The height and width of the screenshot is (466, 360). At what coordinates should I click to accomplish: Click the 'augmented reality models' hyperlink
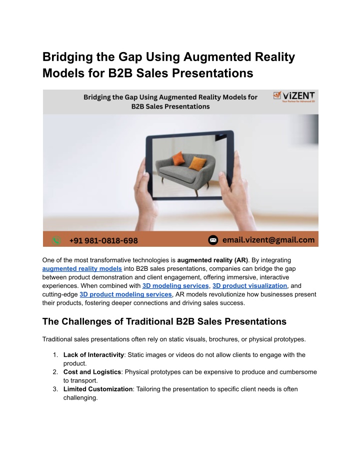pos(82,269)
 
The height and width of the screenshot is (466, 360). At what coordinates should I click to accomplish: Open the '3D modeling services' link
pos(175,286)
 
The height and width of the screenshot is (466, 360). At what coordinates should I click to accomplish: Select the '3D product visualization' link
pos(249,286)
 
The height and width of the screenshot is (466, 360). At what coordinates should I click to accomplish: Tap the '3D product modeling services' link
pos(125,294)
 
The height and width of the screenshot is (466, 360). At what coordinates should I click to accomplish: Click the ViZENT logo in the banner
pos(294,97)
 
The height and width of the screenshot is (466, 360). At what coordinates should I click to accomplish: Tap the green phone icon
pos(56,240)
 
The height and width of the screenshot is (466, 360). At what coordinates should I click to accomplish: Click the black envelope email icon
pos(213,240)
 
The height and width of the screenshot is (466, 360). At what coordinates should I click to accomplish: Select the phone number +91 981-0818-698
pos(103,240)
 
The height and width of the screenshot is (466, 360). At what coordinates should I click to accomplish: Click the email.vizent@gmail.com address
pos(268,240)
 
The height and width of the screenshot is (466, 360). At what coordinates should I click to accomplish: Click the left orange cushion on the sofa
pos(178,158)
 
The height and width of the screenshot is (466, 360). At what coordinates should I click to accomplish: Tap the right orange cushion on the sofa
pos(197,163)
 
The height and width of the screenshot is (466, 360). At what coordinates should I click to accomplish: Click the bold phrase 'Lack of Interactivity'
pos(93,355)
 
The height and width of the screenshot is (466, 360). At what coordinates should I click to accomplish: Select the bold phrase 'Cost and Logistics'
pos(92,372)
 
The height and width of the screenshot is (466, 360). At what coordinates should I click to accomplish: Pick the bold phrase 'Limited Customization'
pos(98,389)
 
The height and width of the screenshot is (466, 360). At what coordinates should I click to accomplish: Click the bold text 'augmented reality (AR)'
pos(212,260)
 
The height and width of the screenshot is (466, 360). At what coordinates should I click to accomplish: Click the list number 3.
pos(55,389)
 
